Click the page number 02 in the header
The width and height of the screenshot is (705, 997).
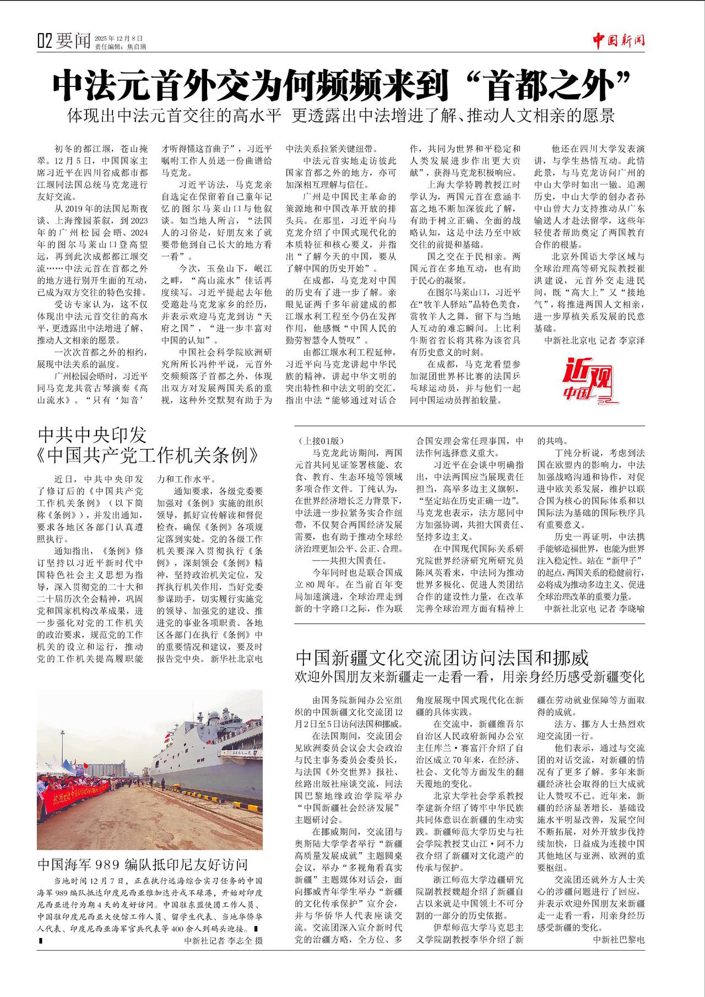tap(45, 41)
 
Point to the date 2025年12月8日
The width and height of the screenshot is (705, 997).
tap(118, 38)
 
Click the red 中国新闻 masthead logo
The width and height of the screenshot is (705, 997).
tap(619, 40)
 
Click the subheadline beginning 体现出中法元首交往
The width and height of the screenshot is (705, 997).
tap(341, 116)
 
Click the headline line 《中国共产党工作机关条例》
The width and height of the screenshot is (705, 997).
tap(148, 456)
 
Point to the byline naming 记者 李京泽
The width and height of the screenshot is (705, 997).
tap(594, 340)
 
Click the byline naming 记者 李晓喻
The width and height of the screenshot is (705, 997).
tap(594, 608)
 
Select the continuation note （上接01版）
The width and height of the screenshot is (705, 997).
tap(320, 441)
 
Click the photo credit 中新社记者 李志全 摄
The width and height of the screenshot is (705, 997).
tap(223, 940)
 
